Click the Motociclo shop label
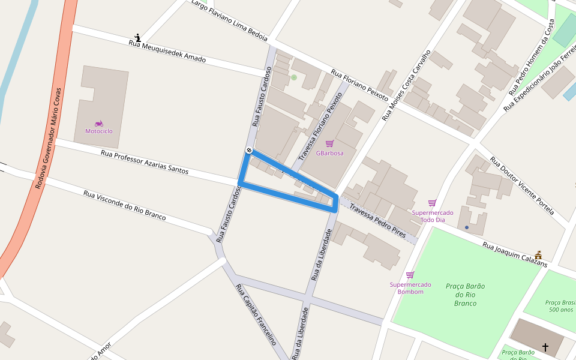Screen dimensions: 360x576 point(98,131)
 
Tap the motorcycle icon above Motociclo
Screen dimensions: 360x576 point(98,123)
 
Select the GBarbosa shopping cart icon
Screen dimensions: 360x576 point(329,143)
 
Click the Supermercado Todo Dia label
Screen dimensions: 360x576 point(432,216)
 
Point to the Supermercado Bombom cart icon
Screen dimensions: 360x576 point(410,275)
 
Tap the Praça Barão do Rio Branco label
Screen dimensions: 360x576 point(465,295)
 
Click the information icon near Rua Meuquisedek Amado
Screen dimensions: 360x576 point(138,38)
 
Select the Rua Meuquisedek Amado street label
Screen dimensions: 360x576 point(167,52)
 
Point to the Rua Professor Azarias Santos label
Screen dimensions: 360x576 point(145,163)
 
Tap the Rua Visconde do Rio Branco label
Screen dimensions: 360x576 point(124,205)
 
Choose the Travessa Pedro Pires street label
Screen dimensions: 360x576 point(377,220)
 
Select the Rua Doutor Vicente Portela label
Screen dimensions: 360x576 point(521,185)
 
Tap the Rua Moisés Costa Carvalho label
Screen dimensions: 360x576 point(406,85)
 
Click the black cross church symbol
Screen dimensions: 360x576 point(545,347)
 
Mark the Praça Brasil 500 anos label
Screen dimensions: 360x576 point(560,306)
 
